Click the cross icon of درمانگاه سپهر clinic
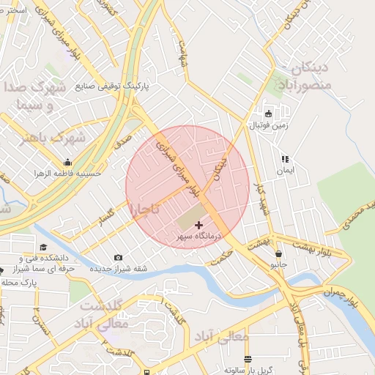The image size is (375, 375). coord(199,224)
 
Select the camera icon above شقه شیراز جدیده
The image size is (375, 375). coord(119,257)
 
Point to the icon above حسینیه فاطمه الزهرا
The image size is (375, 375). coord(67,163)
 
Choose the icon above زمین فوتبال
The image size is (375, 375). coord(268,114)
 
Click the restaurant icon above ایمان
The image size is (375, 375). coord(285,158)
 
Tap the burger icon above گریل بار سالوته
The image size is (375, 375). coord(248,360)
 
